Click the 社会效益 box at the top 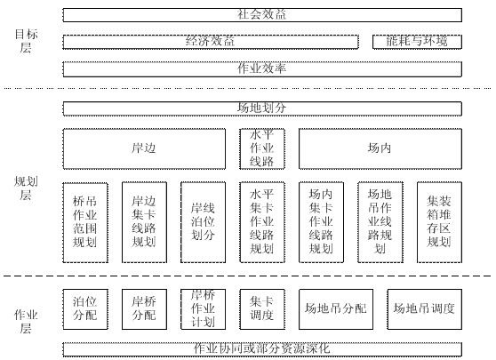pos(262,14)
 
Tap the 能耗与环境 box pos(417,42)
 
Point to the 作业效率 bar pos(262,68)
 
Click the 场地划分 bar pos(262,108)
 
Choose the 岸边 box pos(144,148)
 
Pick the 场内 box pos(380,148)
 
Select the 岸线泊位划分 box pos(203,221)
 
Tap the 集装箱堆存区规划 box pos(439,221)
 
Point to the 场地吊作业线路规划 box pos(380,221)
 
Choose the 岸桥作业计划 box pos(203,308)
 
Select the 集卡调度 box pos(262,308)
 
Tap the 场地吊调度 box pos(424,308)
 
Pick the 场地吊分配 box pos(335,308)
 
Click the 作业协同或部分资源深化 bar pos(262,348)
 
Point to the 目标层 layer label pos(25,40)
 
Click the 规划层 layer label pos(25,188)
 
